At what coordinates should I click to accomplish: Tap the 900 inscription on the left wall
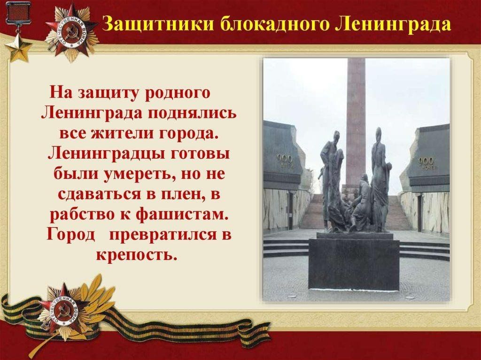tap(285, 159)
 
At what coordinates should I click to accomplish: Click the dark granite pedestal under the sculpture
tap(354, 264)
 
